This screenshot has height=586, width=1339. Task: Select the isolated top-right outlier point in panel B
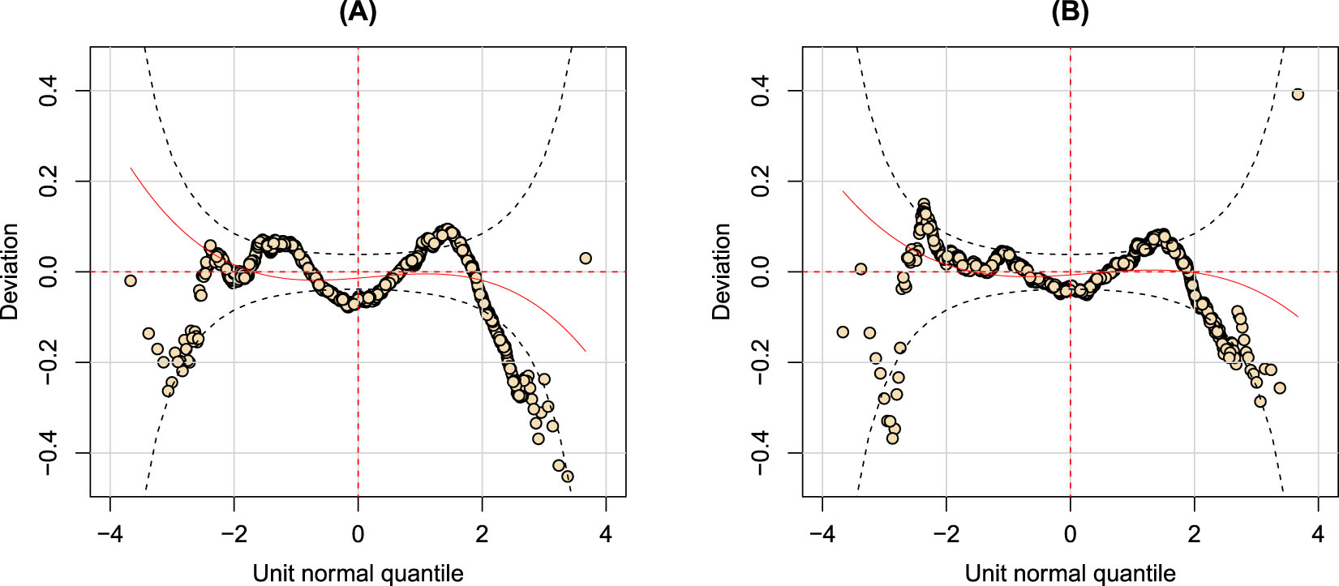tap(1298, 94)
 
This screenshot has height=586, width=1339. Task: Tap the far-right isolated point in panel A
tap(586, 258)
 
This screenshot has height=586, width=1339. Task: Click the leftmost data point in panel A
tap(130, 280)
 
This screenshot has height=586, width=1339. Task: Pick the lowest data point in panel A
tap(568, 476)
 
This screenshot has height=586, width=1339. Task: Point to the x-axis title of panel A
tap(358, 573)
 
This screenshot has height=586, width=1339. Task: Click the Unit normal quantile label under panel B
tap(1070, 573)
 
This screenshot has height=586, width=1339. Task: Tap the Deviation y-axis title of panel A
tap(11, 272)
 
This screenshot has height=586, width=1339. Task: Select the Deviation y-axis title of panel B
tap(723, 272)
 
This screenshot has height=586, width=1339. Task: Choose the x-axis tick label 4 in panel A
tap(606, 535)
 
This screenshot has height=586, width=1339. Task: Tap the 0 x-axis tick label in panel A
tap(358, 535)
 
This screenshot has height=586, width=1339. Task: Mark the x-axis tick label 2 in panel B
tap(1195, 535)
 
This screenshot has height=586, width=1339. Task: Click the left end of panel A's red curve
tap(131, 168)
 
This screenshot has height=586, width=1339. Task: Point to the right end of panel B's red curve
tap(1298, 316)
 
